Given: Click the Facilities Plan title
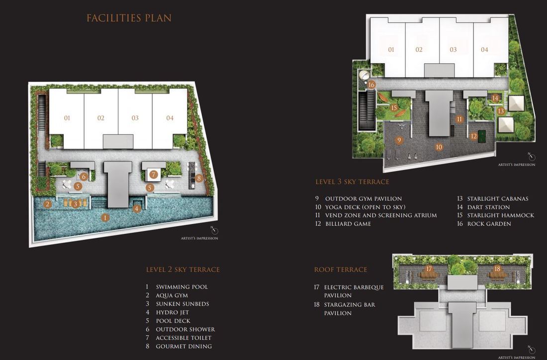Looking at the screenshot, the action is [x=129, y=18].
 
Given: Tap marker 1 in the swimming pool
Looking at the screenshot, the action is [x=105, y=218].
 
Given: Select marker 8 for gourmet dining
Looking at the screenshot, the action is [x=199, y=178].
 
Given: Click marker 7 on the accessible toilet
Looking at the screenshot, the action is [x=154, y=175].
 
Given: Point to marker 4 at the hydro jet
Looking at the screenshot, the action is [x=137, y=209].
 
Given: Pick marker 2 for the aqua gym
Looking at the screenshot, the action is [x=47, y=204].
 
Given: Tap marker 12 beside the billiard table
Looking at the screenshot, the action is [x=473, y=136].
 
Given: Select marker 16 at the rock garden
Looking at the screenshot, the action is [x=371, y=85].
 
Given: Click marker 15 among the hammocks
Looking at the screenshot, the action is [x=394, y=107].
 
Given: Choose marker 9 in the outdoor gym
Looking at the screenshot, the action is [x=399, y=140].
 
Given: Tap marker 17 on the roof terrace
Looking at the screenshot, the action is [x=429, y=269].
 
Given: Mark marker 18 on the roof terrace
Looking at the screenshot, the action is [x=497, y=269].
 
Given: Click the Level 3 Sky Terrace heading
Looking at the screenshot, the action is [x=352, y=182].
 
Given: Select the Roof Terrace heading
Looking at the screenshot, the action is [x=341, y=270].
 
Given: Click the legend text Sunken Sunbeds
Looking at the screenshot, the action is [x=182, y=304].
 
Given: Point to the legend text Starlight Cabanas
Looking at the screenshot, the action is [x=498, y=198].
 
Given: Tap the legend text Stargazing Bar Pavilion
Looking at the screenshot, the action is [x=350, y=309].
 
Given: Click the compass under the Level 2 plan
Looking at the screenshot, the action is [x=214, y=230].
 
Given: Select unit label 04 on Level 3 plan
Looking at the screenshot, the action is [x=484, y=50].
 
